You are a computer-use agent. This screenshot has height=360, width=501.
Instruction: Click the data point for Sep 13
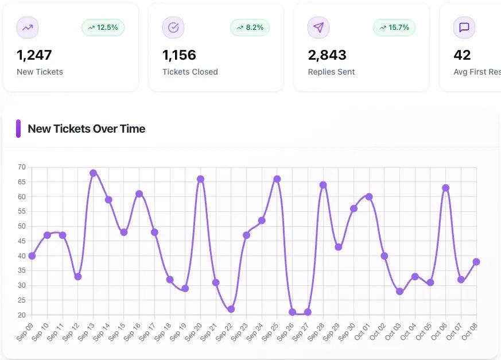point(93,173)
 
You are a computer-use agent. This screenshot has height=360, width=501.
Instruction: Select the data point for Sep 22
point(231,309)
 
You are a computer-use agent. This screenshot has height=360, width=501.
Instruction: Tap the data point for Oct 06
point(445,188)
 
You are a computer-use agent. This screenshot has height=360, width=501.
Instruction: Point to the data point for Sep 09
point(32,256)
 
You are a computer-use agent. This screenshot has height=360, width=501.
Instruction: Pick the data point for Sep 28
point(323,185)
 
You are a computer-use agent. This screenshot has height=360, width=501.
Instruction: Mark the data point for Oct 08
point(476,262)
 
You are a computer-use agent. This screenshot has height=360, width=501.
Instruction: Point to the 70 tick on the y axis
point(22,167)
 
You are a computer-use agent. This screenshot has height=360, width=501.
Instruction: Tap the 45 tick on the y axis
point(22,241)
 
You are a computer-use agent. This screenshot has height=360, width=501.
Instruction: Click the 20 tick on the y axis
point(22,315)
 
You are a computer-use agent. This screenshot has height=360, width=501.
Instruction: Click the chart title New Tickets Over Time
point(87,129)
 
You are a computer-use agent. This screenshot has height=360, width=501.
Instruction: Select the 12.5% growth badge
point(103,28)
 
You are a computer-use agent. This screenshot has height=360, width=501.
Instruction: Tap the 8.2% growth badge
point(250,28)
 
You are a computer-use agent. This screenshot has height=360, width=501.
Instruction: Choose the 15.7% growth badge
point(394,28)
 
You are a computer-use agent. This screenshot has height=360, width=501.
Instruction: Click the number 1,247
point(34,55)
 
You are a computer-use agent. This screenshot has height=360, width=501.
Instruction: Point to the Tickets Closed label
point(190,72)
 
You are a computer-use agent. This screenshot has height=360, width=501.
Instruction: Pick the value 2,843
point(327,55)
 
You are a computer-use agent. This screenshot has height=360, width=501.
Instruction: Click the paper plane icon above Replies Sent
point(319,28)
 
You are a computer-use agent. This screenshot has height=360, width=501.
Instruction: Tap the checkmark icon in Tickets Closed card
point(173,28)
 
